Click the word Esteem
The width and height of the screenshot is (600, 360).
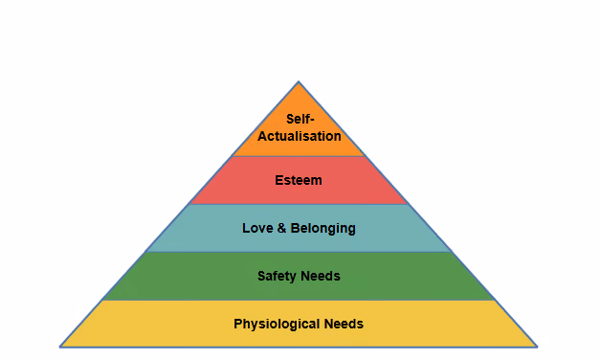tap(299, 180)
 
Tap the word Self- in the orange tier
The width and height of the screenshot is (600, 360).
tap(300, 119)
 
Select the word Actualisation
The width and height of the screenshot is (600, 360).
tap(300, 136)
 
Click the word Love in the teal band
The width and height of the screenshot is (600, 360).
tap(257, 228)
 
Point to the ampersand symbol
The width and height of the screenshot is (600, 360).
tap(281, 228)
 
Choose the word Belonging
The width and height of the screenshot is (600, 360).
tap(322, 229)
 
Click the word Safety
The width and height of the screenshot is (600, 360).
tap(278, 277)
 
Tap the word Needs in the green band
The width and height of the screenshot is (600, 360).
tap(321, 276)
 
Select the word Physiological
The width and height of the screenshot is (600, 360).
tap(278, 325)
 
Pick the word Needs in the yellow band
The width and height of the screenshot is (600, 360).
tap(344, 324)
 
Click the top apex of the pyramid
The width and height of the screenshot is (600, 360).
tap(299, 81)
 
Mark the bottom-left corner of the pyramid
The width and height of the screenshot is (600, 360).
tap(60, 347)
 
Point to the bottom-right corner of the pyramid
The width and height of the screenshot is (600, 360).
tap(537, 347)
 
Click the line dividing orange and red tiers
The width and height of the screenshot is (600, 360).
tap(299, 156)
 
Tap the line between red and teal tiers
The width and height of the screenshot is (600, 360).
tap(299, 204)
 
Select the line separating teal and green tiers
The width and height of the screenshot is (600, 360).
tap(299, 252)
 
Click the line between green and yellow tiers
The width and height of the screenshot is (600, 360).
tap(299, 300)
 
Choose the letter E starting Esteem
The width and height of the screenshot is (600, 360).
tap(279, 180)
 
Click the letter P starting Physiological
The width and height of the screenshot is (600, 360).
tap(238, 324)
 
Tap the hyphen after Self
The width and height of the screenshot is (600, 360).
tap(311, 121)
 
